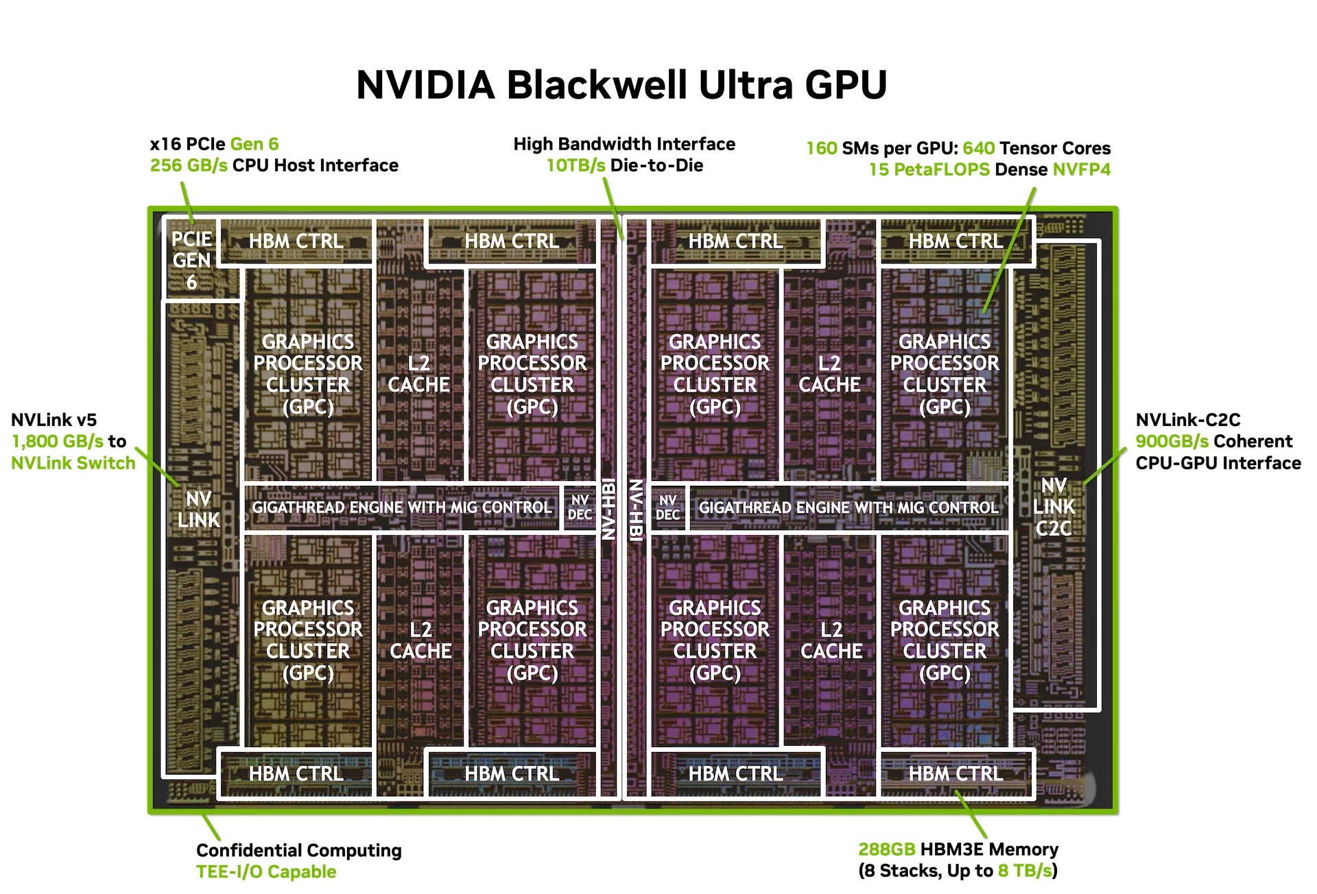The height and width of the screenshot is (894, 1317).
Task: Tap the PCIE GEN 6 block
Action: pos(191,260)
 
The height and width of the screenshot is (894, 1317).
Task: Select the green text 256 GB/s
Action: pos(189,165)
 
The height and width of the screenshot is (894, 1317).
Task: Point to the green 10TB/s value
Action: pos(576,165)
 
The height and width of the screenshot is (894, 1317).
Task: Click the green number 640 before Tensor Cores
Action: pos(978,148)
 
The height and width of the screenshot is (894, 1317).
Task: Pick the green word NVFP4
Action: pos(1081,169)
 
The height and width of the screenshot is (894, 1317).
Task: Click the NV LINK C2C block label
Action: pos(1054,507)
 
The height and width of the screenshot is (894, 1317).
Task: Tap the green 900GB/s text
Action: pos(1172,441)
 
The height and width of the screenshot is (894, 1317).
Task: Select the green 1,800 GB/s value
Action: pos(58,441)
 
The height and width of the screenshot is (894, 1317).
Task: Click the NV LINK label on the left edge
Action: pos(199,509)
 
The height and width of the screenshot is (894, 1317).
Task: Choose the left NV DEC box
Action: pos(580,508)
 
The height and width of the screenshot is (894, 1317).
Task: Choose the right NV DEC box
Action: pos(667,508)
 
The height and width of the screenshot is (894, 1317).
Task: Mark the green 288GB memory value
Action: pos(886,849)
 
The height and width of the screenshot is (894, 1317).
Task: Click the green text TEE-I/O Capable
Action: pos(266,872)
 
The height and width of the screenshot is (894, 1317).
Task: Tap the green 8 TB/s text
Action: pos(1025,871)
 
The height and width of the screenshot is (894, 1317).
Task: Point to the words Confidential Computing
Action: pos(298,850)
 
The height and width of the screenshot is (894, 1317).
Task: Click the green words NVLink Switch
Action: pos(73,463)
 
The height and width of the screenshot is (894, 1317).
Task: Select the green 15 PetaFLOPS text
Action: pos(929,169)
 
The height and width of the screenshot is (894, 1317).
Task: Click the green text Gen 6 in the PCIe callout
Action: pos(254,144)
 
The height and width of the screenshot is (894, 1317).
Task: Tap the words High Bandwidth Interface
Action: pos(624,144)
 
